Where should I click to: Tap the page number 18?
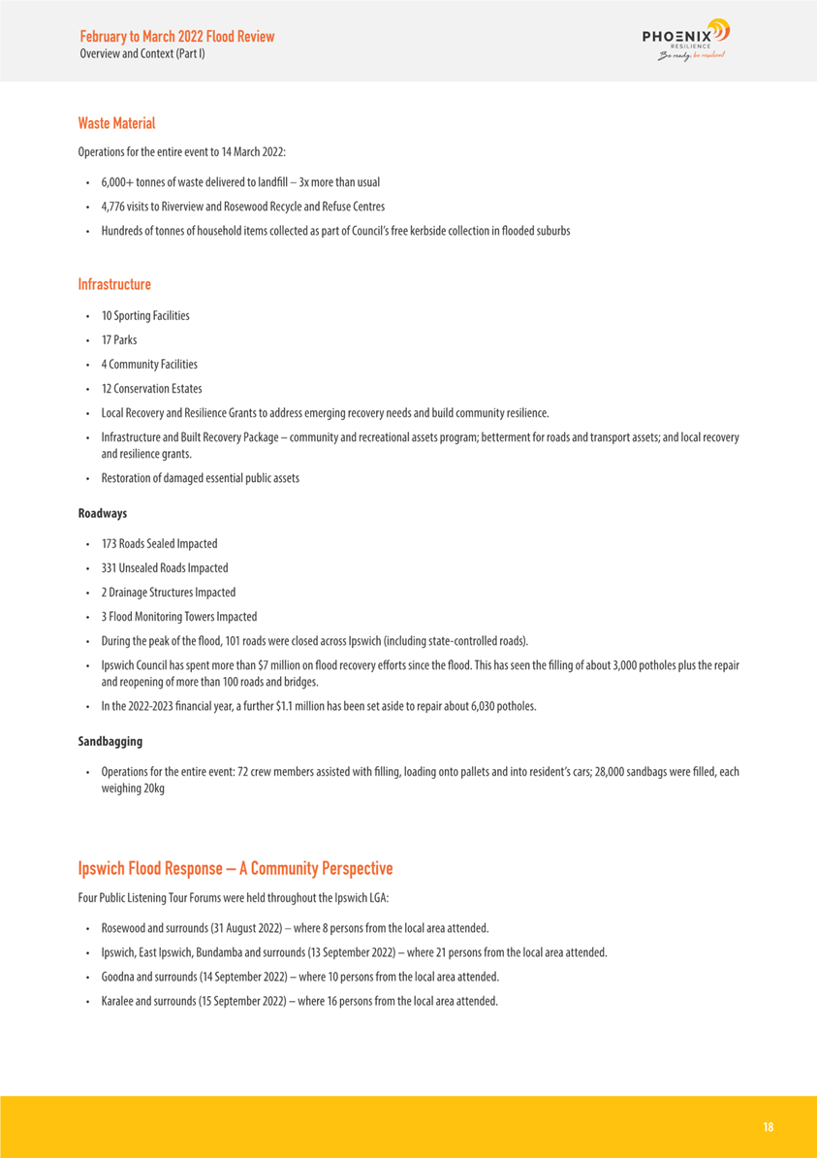pyautogui.click(x=768, y=1127)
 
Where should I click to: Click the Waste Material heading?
pyautogui.click(x=116, y=123)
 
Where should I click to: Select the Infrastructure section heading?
pyautogui.click(x=114, y=284)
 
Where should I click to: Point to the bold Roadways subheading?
pyautogui.click(x=102, y=513)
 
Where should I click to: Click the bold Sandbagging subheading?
pyautogui.click(x=110, y=742)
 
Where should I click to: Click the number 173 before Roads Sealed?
pyautogui.click(x=110, y=544)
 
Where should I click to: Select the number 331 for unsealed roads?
pyautogui.click(x=110, y=568)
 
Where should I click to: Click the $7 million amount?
pyautogui.click(x=268, y=665)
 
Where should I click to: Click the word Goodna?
pyautogui.click(x=118, y=977)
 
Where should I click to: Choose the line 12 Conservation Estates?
pyautogui.click(x=151, y=389)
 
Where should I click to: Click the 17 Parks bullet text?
pyautogui.click(x=118, y=340)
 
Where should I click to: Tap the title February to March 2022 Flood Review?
pyautogui.click(x=176, y=37)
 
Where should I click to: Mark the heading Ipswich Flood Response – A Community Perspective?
pyautogui.click(x=236, y=867)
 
